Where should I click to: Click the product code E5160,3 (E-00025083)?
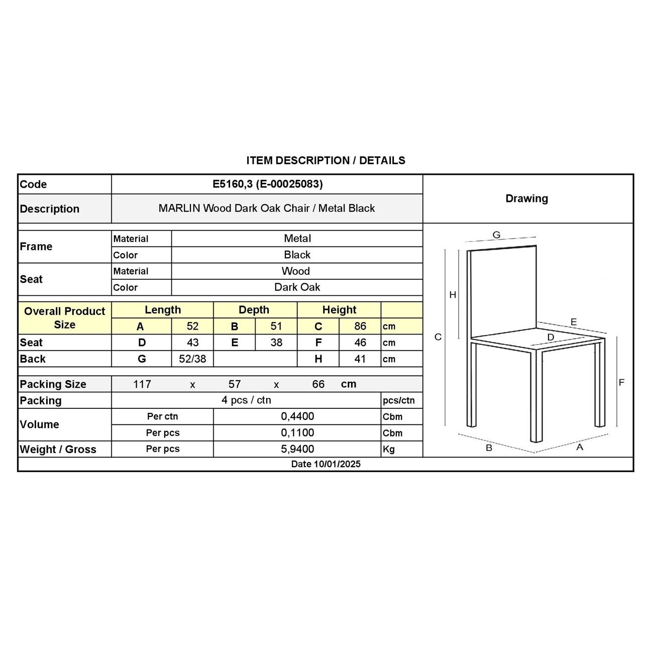click(x=267, y=184)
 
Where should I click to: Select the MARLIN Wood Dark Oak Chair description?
click(x=267, y=208)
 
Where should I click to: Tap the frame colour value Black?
click(x=297, y=255)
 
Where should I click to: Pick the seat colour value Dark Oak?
click(x=297, y=287)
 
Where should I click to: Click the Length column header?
click(x=162, y=310)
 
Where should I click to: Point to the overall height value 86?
click(x=360, y=326)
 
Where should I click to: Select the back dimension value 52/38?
click(x=192, y=359)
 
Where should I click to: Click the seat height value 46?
click(x=360, y=343)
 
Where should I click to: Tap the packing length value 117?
click(x=142, y=384)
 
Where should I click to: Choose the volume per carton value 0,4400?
click(x=297, y=416)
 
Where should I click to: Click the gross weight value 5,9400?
click(x=297, y=449)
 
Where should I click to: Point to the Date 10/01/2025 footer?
click(x=325, y=464)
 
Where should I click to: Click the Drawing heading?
click(x=526, y=198)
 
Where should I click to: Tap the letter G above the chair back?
click(x=496, y=235)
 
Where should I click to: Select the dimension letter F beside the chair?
click(x=621, y=383)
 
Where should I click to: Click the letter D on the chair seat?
click(x=551, y=337)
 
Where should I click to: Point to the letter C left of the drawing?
click(x=438, y=337)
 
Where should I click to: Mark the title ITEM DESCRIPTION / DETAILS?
click(x=325, y=161)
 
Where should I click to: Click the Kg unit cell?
click(x=389, y=450)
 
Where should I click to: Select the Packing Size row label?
click(x=53, y=384)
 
